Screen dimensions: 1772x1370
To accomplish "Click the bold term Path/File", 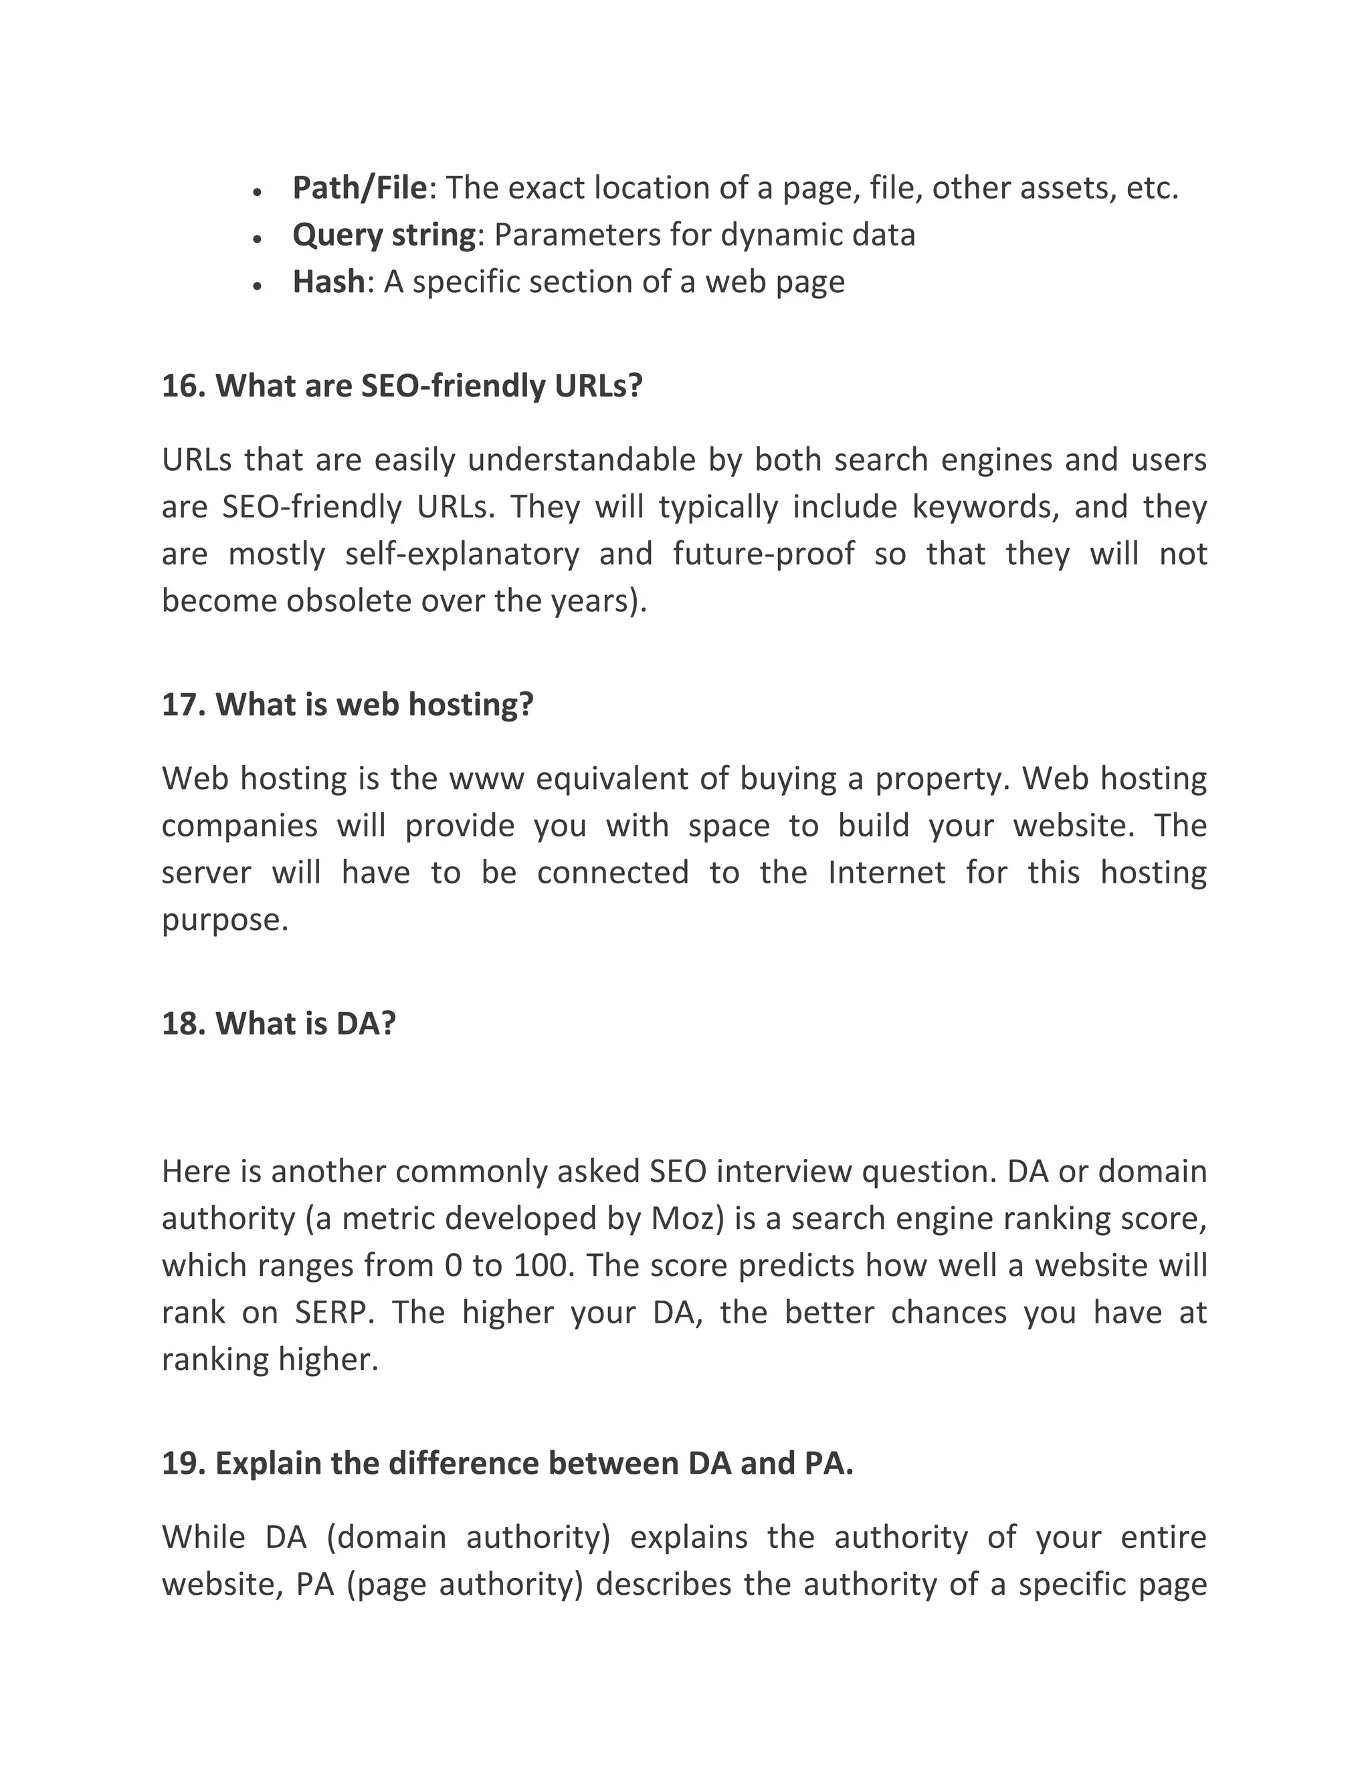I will tap(359, 189).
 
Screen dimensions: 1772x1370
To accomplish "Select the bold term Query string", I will tap(383, 235).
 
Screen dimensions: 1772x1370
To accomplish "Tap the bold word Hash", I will tap(328, 282).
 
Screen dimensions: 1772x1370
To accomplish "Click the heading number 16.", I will tap(182, 386).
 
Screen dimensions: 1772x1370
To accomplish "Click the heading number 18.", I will tap(182, 1024).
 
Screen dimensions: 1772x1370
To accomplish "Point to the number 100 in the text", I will tap(541, 1265).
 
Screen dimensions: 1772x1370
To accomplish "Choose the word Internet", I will tap(886, 873).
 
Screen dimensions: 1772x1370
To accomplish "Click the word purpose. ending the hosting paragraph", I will tap(225, 921).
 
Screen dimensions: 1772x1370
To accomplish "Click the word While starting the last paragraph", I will tap(203, 1537).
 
